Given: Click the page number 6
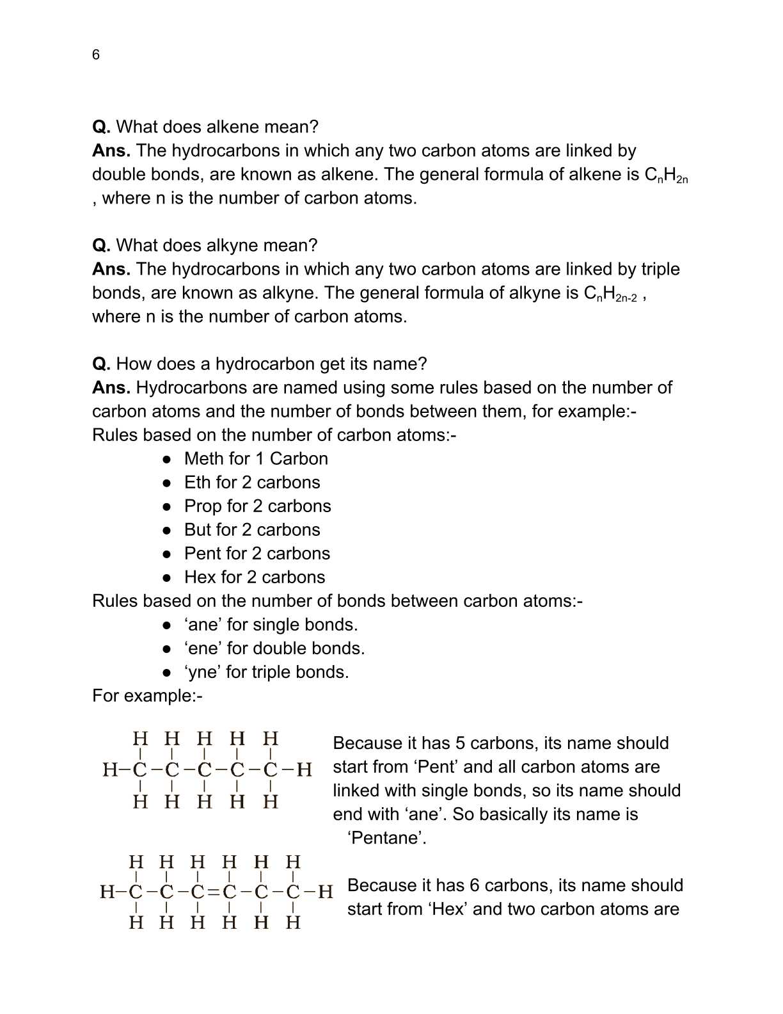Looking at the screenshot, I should [96, 55].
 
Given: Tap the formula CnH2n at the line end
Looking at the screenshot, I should [666, 175].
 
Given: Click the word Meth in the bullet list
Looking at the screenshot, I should [203, 458].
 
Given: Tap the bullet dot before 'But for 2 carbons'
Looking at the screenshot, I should [167, 530].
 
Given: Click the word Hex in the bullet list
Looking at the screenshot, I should [200, 577].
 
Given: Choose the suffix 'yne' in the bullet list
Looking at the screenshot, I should [202, 672].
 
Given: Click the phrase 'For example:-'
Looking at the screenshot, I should [147, 695].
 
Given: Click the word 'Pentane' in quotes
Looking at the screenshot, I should [386, 837].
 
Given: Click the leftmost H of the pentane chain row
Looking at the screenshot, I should [109, 769].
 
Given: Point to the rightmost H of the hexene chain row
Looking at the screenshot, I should [325, 891].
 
